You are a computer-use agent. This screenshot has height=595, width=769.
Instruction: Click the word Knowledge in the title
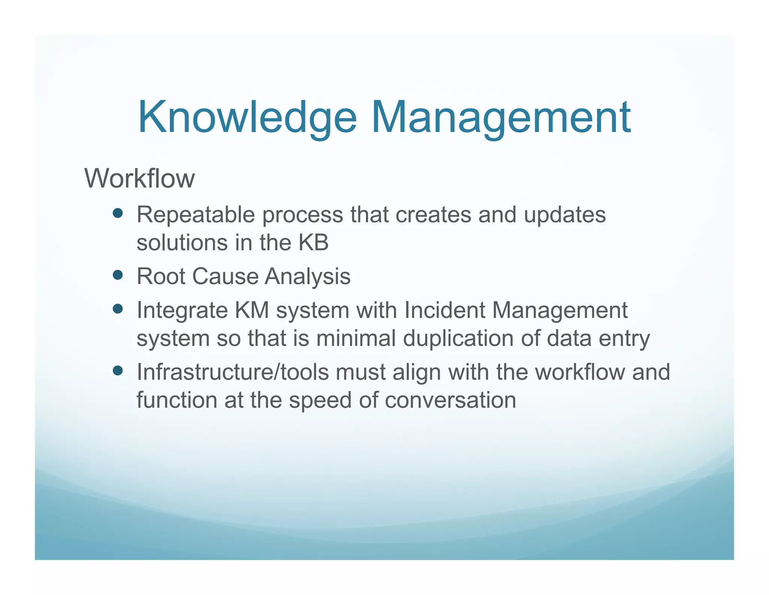[247, 117]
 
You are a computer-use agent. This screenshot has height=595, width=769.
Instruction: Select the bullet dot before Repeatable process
[118, 213]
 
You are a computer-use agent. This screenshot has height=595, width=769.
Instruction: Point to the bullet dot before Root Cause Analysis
[118, 275]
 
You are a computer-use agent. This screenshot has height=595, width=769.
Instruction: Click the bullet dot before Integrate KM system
[118, 309]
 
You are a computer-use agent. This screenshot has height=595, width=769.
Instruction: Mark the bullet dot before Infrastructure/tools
[118, 371]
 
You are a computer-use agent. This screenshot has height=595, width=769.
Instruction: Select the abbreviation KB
[313, 242]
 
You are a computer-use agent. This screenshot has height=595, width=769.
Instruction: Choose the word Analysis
[308, 276]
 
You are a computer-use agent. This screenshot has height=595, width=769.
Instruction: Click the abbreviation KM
[252, 310]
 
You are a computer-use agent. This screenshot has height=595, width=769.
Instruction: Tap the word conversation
[450, 400]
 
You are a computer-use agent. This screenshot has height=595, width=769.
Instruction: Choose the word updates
[564, 215]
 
